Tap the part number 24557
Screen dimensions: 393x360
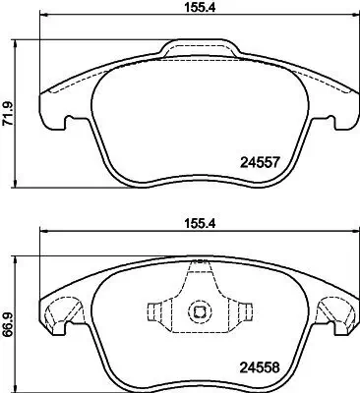point(261,161)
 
